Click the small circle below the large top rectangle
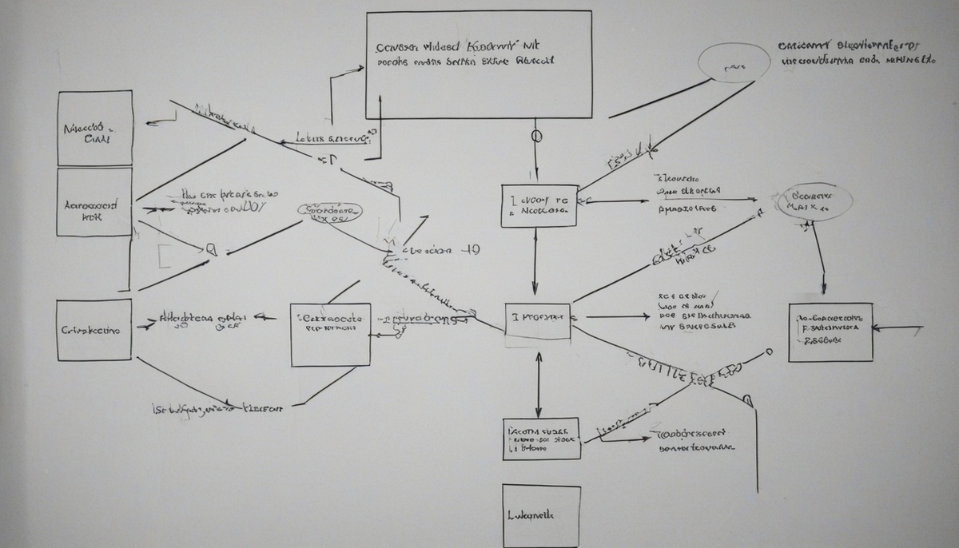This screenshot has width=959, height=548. tap(536, 136)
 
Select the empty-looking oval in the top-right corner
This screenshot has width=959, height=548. tap(734, 62)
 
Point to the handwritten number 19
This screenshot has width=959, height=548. tap(472, 249)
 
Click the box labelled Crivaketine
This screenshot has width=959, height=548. tap(94, 330)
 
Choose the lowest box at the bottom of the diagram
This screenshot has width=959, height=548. tap(541, 516)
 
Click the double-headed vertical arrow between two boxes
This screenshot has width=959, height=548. tap(539, 384)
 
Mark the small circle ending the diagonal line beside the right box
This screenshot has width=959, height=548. tap(769, 351)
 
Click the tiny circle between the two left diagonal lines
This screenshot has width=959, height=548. tap(211, 249)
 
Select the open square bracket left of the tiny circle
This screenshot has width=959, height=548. tap(162, 256)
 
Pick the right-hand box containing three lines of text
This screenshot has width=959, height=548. tap(830, 332)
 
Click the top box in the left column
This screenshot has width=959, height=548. tap(95, 128)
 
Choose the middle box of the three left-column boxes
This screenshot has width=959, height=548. tap(95, 202)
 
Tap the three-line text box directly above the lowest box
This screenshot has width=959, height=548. tap(541, 439)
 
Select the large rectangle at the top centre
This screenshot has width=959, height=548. tap(478, 65)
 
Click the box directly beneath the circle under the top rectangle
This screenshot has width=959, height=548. tap(539, 205)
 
